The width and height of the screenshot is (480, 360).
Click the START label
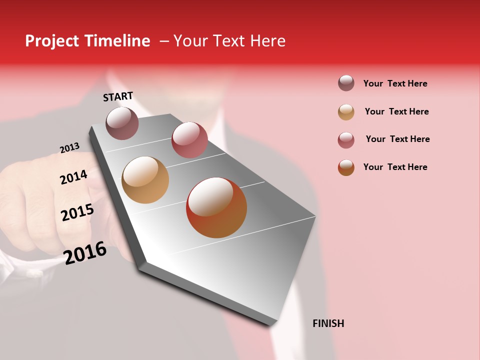click(x=118, y=96)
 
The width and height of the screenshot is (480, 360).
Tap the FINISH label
click(x=328, y=323)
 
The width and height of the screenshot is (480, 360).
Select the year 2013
click(x=69, y=148)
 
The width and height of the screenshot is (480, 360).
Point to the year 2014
click(x=73, y=177)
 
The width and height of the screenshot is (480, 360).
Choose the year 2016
click(x=85, y=252)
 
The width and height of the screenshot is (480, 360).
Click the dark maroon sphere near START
click(x=122, y=123)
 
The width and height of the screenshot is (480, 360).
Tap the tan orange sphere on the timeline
click(x=145, y=180)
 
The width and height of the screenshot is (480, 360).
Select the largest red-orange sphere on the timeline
click(x=216, y=207)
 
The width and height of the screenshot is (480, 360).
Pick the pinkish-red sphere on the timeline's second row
click(x=189, y=140)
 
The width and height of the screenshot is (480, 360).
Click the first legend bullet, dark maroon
click(x=346, y=83)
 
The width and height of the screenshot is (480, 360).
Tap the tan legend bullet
click(x=346, y=112)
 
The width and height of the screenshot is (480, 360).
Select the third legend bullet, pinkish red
click(x=346, y=140)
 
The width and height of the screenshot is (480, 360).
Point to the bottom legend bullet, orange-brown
click(x=346, y=167)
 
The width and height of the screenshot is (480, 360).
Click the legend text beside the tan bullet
click(x=396, y=111)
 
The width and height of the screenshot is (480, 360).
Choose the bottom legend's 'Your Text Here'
click(x=395, y=167)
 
